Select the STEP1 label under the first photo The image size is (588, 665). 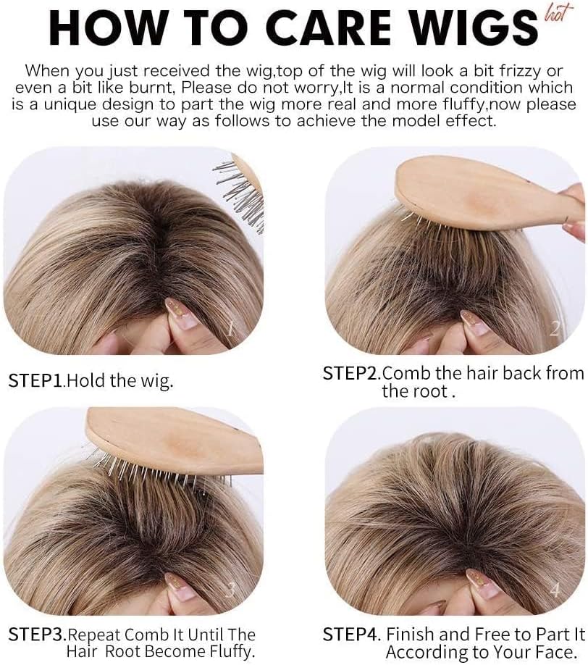[36, 380]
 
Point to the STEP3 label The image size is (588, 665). [38, 634]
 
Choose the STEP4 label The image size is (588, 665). [352, 634]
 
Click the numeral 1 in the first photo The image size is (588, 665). [230, 329]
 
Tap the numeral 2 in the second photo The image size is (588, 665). [555, 329]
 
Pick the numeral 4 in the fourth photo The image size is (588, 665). [555, 590]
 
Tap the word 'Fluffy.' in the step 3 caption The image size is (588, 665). [232, 651]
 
